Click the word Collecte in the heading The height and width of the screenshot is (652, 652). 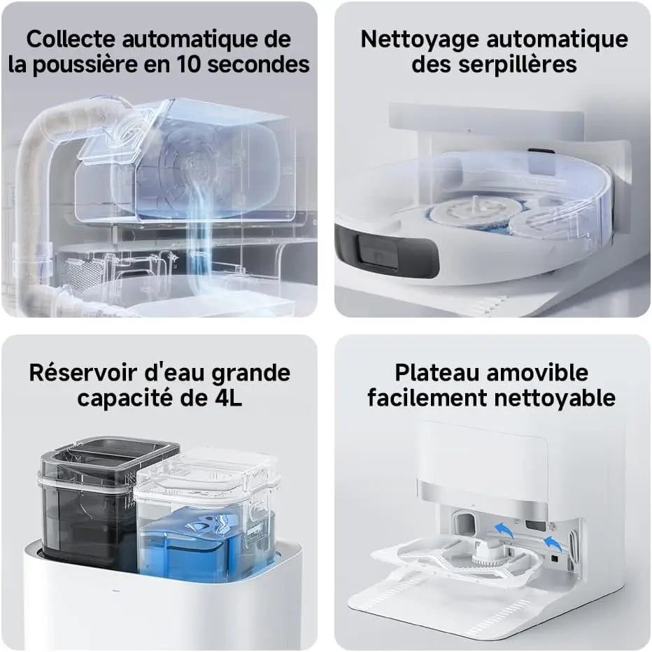tap(71, 39)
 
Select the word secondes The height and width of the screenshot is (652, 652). tap(259, 64)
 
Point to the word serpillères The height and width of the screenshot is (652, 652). tap(518, 64)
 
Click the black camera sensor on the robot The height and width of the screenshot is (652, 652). tap(379, 255)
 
